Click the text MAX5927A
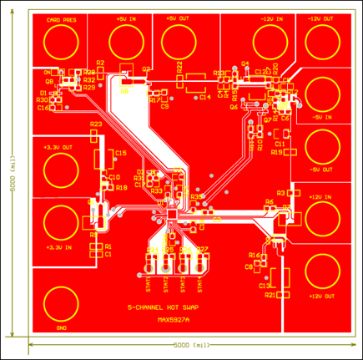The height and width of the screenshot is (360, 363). pyautogui.click(x=174, y=317)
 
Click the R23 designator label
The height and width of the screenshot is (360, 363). pyautogui.click(x=96, y=124)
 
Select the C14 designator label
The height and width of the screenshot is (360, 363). pyautogui.click(x=204, y=98)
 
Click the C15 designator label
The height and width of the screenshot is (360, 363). pyautogui.click(x=121, y=153)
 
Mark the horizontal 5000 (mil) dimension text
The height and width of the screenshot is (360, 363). pyautogui.click(x=189, y=344)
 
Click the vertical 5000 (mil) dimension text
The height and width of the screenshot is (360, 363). pyautogui.click(x=12, y=173)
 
